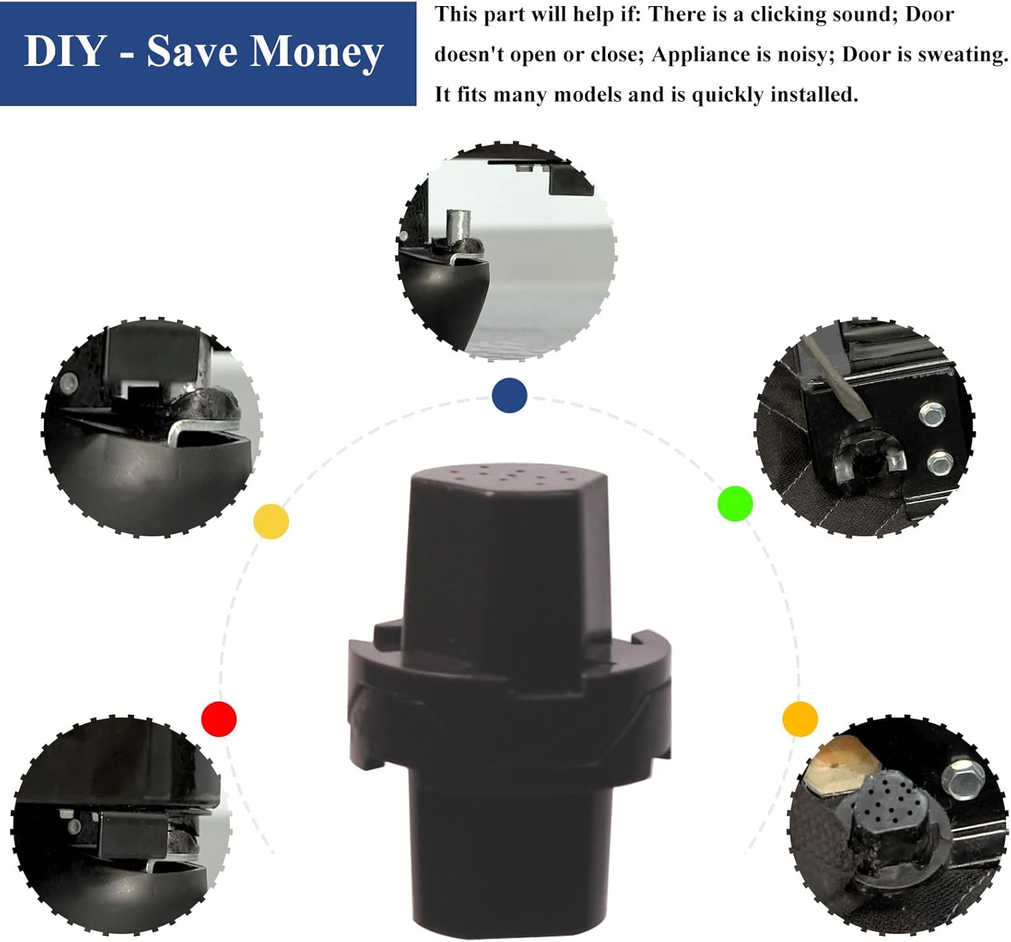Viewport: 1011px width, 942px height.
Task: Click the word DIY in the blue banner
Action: pyautogui.click(x=64, y=51)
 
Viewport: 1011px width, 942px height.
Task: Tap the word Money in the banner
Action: pyautogui.click(x=316, y=53)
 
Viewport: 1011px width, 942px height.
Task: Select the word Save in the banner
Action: pyautogui.click(x=192, y=51)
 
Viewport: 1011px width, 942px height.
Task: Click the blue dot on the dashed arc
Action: pyautogui.click(x=509, y=395)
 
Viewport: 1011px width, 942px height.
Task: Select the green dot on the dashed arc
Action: pyautogui.click(x=735, y=503)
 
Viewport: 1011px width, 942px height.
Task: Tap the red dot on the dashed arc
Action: pyautogui.click(x=219, y=719)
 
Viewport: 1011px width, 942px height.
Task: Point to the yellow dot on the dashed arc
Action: pyautogui.click(x=272, y=522)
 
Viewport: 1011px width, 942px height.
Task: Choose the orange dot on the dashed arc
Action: pyautogui.click(x=800, y=719)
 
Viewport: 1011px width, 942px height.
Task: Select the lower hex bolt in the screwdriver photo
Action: pyautogui.click(x=940, y=463)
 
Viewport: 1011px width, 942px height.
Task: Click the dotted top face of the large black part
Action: pyautogui.click(x=509, y=477)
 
